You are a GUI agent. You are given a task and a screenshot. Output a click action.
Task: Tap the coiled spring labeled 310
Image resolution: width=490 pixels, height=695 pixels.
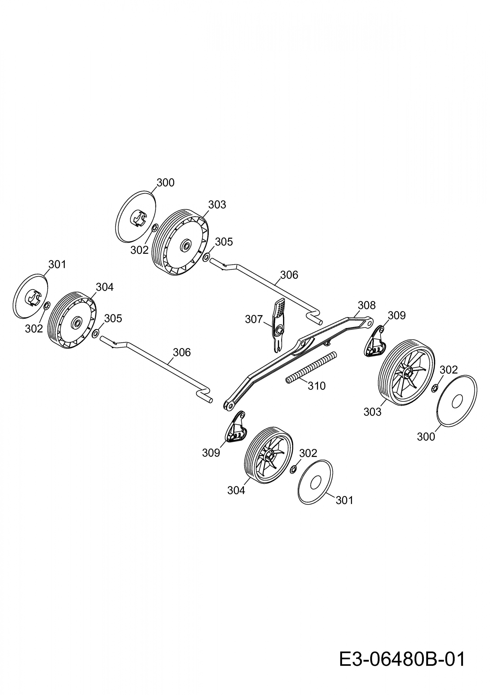click(x=311, y=367)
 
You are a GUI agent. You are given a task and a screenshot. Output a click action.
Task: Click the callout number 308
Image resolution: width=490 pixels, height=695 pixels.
click(x=367, y=305)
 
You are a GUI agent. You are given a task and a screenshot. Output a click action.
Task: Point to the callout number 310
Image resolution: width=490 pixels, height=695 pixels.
click(x=316, y=386)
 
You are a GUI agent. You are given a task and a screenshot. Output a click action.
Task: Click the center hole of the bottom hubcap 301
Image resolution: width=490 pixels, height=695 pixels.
click(x=315, y=482)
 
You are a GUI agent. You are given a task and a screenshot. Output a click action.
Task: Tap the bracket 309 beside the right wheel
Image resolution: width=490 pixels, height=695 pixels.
click(x=374, y=341)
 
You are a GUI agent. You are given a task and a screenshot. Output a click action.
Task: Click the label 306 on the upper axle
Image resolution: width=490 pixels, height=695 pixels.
click(x=289, y=275)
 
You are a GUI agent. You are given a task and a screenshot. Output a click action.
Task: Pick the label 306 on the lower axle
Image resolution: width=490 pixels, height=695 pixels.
click(x=182, y=352)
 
